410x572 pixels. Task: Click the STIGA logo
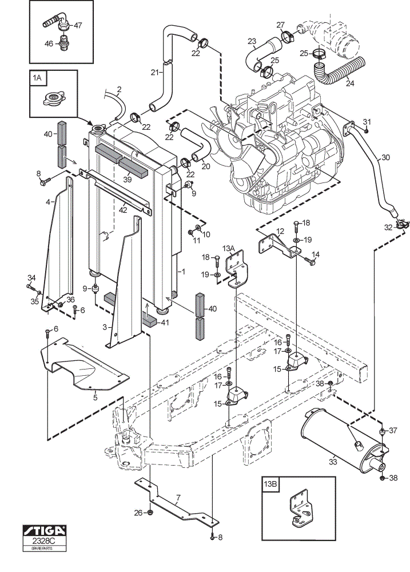click(45, 530)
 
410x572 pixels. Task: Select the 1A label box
click(37, 78)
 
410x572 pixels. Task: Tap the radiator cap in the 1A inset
click(53, 98)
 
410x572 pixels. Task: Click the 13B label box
click(270, 484)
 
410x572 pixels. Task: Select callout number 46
click(49, 44)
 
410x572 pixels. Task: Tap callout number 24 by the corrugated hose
click(349, 83)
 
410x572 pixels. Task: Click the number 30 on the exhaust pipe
click(385, 158)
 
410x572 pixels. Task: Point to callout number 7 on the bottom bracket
click(178, 497)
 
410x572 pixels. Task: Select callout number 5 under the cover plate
click(95, 398)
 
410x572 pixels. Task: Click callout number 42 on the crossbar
click(123, 210)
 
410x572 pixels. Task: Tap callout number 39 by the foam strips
click(128, 179)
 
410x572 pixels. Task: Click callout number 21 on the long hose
click(154, 73)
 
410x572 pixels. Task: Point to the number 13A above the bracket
click(228, 248)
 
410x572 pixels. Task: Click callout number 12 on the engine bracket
click(280, 231)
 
